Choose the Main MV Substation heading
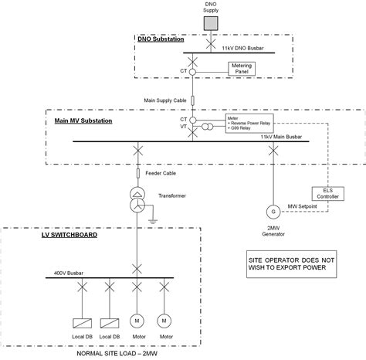click(83, 121)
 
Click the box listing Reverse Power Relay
click(248, 123)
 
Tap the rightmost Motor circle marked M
click(164, 319)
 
